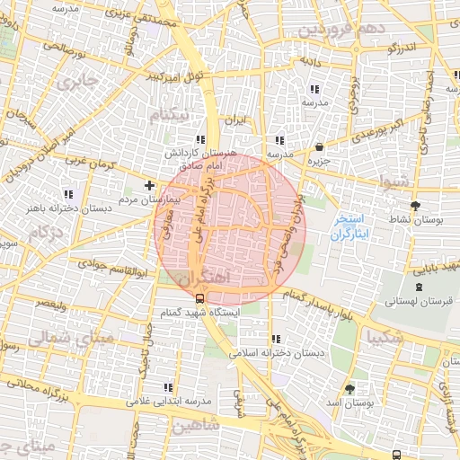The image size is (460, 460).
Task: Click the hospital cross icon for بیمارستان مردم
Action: tap(149, 186)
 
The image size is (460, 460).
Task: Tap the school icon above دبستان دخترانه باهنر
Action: tap(68, 194)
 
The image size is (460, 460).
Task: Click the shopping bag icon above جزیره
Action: tap(321, 146)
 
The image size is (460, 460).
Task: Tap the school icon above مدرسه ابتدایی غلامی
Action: tap(166, 387)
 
